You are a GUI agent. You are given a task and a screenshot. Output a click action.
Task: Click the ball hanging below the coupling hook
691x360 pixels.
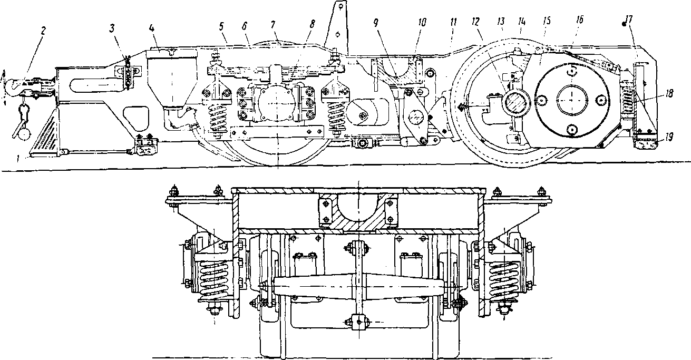click(x=24, y=134)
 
